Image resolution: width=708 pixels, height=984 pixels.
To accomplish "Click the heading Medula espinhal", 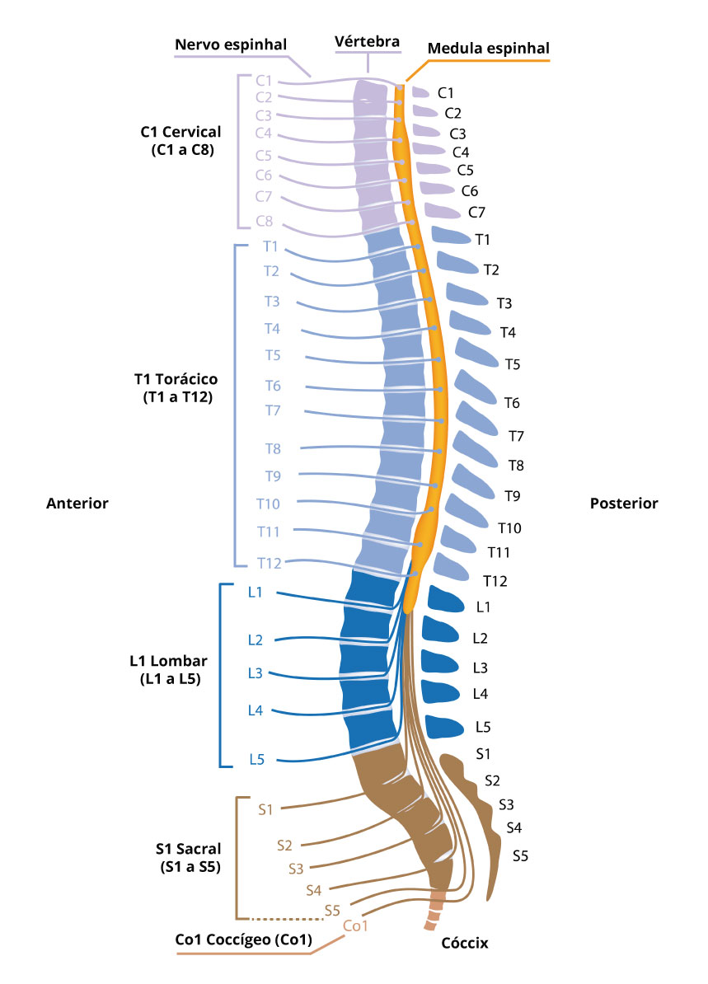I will [x=488, y=49].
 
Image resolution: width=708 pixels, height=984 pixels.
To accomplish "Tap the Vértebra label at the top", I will [x=367, y=40].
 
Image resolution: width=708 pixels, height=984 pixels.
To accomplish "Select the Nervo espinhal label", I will [x=230, y=45].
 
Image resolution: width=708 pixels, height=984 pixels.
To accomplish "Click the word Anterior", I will [x=77, y=504].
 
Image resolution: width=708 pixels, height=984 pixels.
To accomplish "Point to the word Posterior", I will [x=624, y=504].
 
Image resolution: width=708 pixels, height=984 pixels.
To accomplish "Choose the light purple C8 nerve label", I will [x=264, y=221].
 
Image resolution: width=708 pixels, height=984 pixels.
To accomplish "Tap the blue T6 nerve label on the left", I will [x=273, y=386].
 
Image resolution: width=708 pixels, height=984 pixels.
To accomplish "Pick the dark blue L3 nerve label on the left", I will [x=255, y=673].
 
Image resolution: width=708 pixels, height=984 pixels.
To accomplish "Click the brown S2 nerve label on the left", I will [x=285, y=845].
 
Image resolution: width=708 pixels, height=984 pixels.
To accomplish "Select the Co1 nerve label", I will [x=354, y=925].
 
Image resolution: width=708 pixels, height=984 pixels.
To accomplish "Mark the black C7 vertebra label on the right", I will [x=476, y=212].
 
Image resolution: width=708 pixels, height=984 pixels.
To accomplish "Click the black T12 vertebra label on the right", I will [x=495, y=581].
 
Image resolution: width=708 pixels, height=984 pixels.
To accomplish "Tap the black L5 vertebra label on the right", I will [x=483, y=727].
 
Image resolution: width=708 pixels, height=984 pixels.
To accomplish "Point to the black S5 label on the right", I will [x=520, y=855].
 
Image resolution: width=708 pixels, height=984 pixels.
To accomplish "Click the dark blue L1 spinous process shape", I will [x=446, y=600].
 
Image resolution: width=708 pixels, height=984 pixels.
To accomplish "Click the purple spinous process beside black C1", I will [x=420, y=91].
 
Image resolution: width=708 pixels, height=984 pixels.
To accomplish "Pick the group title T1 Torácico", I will [x=176, y=380].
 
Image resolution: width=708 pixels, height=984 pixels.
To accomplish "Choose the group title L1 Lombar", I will [x=169, y=661].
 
